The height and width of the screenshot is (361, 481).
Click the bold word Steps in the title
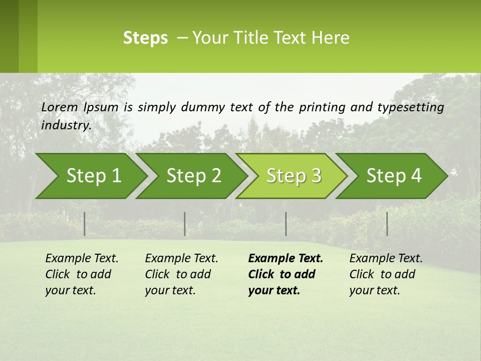click(145, 38)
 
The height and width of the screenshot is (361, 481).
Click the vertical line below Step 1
click(85, 224)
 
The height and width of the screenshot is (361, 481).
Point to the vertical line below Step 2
click(185, 224)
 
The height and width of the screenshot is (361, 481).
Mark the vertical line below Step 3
click(286, 224)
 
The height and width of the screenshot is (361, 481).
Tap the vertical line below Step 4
click(387, 224)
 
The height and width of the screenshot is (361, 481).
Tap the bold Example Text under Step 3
click(286, 259)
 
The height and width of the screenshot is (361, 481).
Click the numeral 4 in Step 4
click(416, 176)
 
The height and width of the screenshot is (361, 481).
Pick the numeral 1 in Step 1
click(116, 176)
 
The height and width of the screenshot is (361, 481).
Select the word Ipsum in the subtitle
click(101, 107)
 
